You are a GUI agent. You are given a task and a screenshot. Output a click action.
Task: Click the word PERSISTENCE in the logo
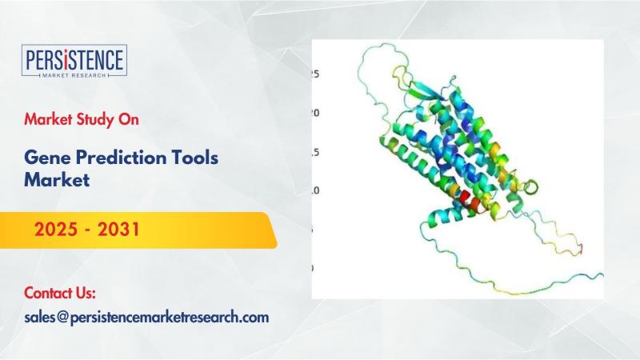click(74, 59)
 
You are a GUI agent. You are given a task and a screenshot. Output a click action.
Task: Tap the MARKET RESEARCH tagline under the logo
click(74, 75)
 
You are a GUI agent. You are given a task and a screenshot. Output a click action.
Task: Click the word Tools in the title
click(194, 158)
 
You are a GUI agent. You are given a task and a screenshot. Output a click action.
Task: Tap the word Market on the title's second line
click(57, 179)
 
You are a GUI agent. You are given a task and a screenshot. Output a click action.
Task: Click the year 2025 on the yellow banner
click(56, 230)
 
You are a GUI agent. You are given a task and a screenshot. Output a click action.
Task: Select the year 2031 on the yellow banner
click(118, 230)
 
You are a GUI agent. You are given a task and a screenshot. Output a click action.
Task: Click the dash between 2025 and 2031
click(88, 230)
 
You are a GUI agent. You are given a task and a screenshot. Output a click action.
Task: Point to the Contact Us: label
click(60, 293)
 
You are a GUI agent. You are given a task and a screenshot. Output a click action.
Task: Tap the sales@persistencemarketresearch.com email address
click(146, 318)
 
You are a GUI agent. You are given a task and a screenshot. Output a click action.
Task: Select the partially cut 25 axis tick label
click(315, 74)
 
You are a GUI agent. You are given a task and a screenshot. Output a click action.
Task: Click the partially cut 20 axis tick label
click(315, 113)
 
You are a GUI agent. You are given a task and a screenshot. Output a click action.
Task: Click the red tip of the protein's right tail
click(582, 248)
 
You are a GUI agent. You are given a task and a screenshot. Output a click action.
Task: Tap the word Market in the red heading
click(42, 119)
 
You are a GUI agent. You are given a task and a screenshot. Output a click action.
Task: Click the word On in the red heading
click(129, 119)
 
